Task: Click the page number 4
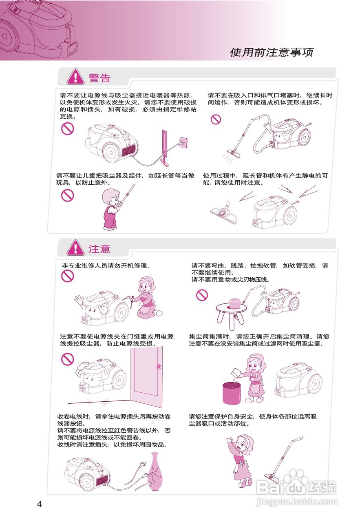pos(40,504)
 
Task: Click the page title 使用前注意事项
pos(272,52)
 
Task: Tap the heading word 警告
pos(99,77)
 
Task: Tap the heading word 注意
pos(99,249)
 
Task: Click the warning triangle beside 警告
pos(75,77)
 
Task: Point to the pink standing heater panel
pos(165,148)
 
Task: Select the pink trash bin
pos(232,393)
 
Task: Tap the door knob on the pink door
pos(159,367)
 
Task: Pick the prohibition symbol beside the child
pos(67,195)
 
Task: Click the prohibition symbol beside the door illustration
pos(67,359)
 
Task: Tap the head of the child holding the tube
pos(111,197)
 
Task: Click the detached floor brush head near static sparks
pos(224,212)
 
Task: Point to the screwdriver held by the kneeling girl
pos(132,302)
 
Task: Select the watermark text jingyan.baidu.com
pos(296,502)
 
